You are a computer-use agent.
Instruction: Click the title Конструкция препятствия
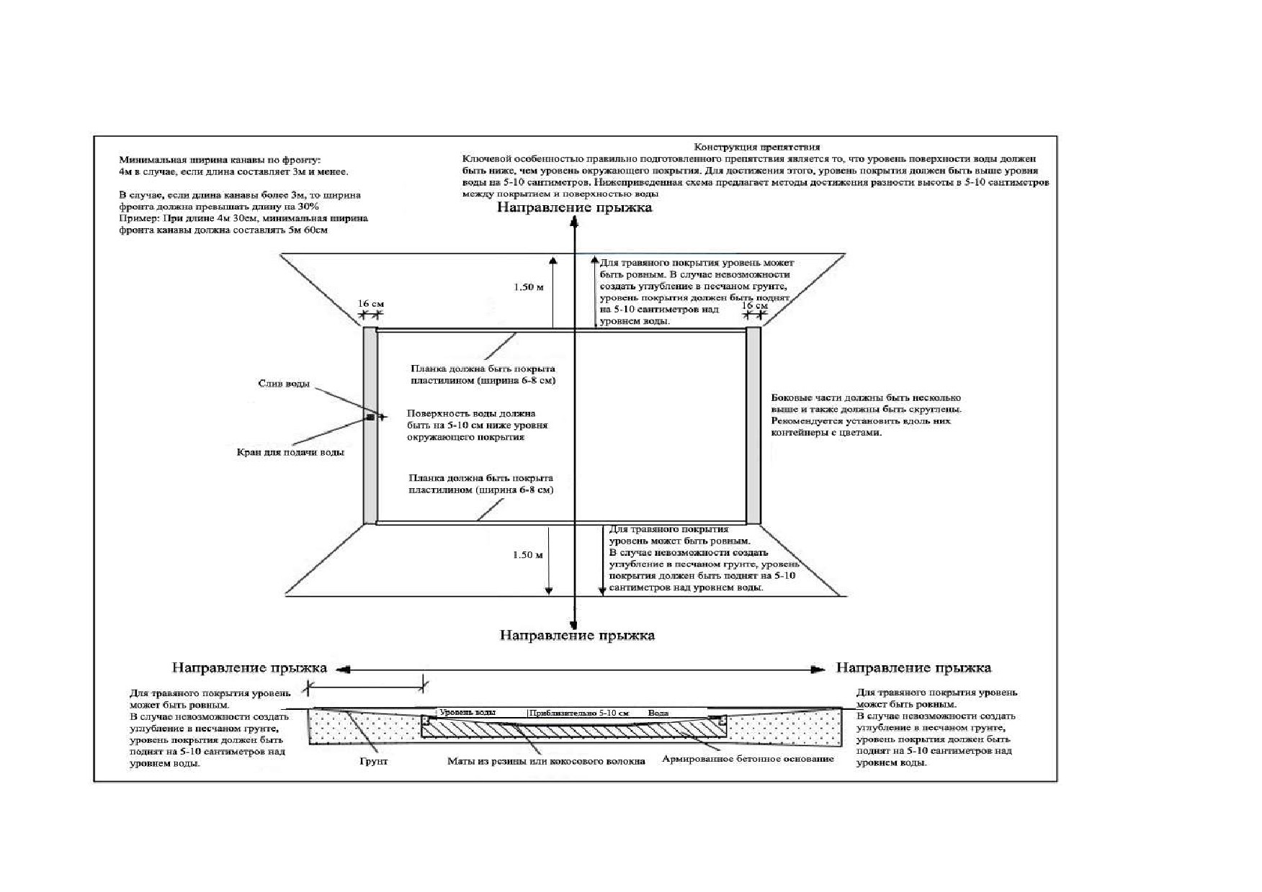point(756,147)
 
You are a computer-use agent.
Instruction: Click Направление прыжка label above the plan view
point(574,207)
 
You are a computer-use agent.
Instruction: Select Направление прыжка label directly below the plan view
point(577,635)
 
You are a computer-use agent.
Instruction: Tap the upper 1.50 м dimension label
point(528,287)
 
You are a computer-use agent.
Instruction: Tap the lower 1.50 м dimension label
point(527,554)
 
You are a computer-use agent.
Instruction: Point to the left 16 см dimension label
point(371,303)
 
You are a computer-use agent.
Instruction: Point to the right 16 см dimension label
point(755,305)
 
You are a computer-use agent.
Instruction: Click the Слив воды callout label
point(284,383)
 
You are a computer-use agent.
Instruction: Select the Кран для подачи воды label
point(290,452)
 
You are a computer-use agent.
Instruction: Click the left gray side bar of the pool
point(370,425)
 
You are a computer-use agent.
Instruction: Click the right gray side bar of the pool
point(753,425)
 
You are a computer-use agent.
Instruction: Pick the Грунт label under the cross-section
point(373,761)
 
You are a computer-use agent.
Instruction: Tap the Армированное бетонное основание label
point(748,758)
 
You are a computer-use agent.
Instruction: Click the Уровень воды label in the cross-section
point(467,712)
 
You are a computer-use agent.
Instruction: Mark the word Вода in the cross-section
point(658,713)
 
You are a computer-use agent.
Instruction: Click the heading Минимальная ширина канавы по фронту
point(220,160)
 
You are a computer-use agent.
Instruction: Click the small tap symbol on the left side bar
point(370,417)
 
